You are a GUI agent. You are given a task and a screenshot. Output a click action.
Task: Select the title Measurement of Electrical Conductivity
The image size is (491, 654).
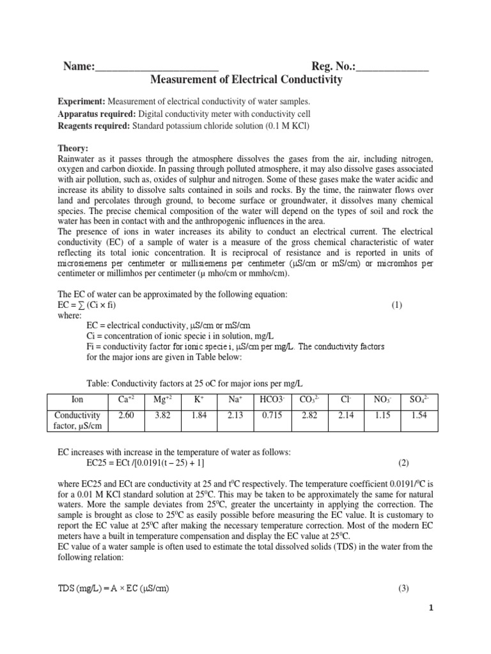[x=245, y=80]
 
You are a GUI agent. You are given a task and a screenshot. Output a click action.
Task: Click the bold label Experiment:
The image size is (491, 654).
[x=81, y=102]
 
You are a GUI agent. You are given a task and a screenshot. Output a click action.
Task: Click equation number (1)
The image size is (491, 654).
[x=397, y=305]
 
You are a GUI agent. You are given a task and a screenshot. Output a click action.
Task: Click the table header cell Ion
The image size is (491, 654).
[x=77, y=400]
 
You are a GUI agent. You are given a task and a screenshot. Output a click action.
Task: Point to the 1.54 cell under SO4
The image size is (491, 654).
[x=419, y=414]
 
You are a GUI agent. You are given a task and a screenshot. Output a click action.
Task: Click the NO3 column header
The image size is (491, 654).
[x=382, y=400]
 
